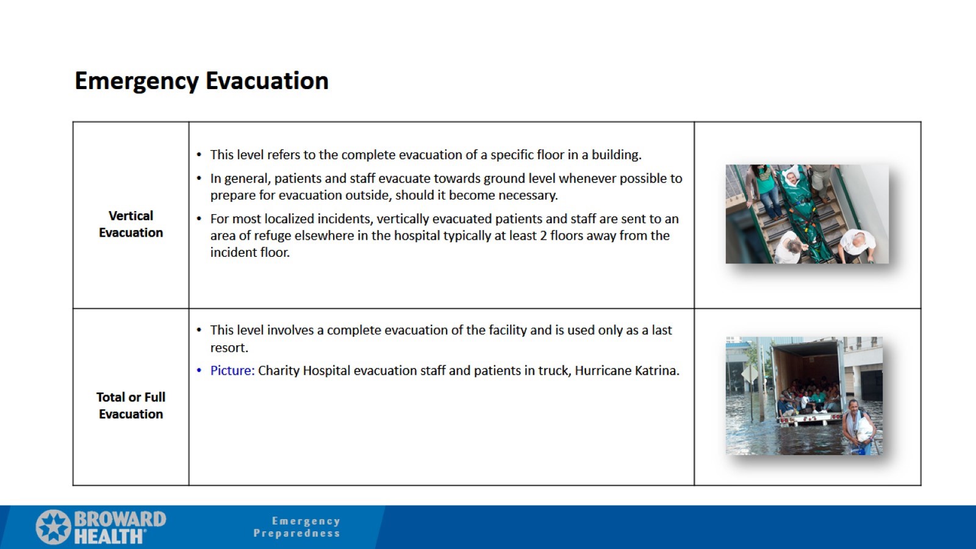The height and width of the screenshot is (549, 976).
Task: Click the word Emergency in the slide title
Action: coord(137,81)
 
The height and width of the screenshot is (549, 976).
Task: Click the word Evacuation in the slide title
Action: coord(267,81)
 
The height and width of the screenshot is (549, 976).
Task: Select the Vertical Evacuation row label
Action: coord(131,224)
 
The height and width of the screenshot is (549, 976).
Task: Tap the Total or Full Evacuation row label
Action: coord(131,405)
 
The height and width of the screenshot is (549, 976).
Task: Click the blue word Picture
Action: coord(231,370)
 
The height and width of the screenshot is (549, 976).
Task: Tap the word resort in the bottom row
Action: coord(228,348)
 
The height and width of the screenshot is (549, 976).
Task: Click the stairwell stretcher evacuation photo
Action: coord(806,213)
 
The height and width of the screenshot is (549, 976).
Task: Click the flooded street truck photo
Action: coord(803,395)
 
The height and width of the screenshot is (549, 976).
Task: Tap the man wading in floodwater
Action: coord(858,425)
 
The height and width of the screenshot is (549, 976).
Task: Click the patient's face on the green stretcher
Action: coord(791,178)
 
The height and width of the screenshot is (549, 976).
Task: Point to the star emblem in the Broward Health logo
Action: coord(53,526)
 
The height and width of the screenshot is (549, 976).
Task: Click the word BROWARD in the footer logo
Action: coord(120,519)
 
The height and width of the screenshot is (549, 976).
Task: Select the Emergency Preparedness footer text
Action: coord(298,527)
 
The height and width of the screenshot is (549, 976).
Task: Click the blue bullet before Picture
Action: coord(199,370)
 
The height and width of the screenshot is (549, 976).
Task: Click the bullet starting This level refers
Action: coord(425,154)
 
